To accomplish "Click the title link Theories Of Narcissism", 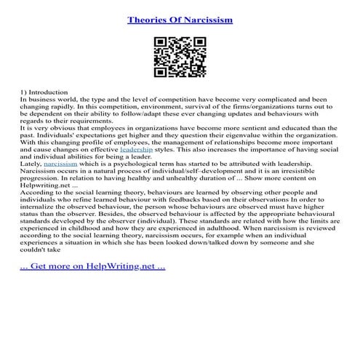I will click(180, 20).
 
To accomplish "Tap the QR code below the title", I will click(180, 58).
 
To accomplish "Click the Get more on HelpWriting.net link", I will click(92, 266).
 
